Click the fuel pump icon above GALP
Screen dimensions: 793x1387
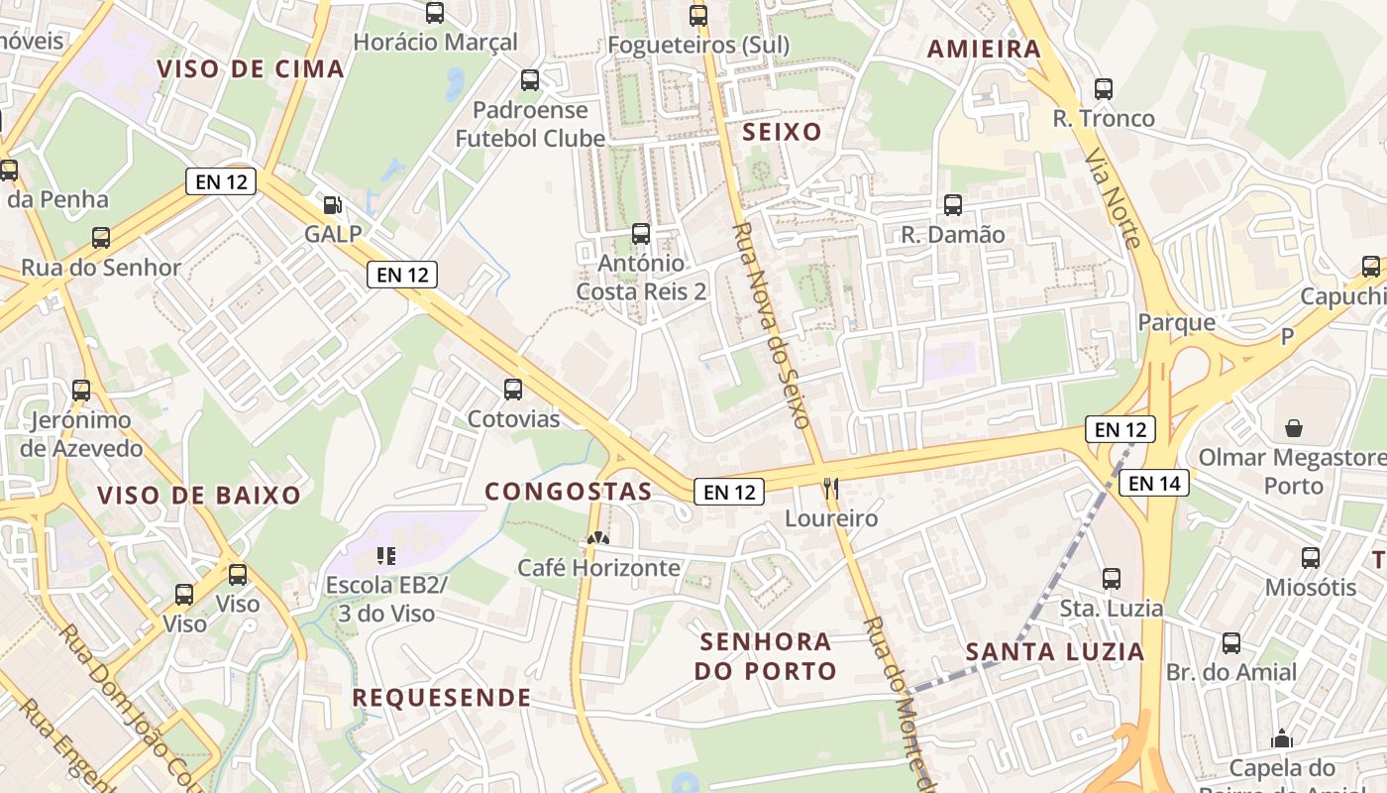(334, 205)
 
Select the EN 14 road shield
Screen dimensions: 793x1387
(1154, 483)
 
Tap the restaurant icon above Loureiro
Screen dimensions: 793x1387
(831, 488)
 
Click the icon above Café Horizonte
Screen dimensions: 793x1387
(597, 538)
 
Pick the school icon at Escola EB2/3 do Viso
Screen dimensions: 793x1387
(386, 556)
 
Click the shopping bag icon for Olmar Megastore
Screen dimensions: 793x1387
(1293, 428)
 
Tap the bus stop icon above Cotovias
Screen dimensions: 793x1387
(513, 390)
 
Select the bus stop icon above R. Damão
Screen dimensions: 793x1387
(953, 205)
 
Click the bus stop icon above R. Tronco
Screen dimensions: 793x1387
(1104, 89)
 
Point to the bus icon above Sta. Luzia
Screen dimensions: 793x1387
(1112, 579)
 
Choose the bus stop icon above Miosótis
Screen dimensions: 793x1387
(1311, 558)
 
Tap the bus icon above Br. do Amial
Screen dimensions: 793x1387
(1231, 643)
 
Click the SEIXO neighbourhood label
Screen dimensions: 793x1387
(783, 132)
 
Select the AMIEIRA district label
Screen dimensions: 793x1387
(984, 49)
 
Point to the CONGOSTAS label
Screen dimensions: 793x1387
(569, 491)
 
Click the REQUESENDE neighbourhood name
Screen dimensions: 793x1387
(442, 697)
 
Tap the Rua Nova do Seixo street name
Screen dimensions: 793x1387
(773, 325)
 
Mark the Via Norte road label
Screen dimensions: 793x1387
(1115, 198)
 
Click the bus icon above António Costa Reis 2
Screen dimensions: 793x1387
(641, 235)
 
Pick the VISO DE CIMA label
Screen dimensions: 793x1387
(251, 68)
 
